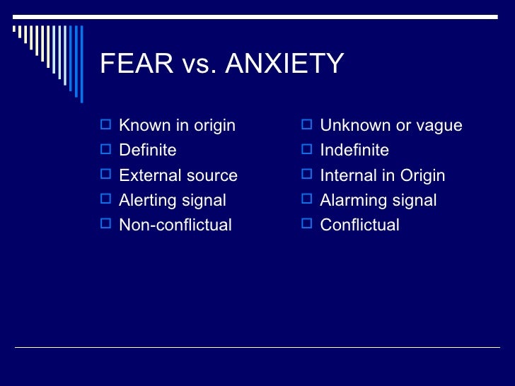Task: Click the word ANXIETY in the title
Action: (x=284, y=64)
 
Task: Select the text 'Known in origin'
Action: (x=177, y=126)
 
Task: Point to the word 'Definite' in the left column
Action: (x=147, y=151)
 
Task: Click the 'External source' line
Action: (x=178, y=175)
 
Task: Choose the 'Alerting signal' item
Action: (x=172, y=200)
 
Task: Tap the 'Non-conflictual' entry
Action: (x=175, y=225)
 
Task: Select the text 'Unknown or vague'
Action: (x=390, y=126)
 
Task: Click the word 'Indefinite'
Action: (x=354, y=151)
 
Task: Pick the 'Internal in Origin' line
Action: (x=382, y=175)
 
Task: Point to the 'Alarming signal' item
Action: (x=378, y=200)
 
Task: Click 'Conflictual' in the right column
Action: (x=359, y=225)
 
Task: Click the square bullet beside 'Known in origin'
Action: (x=105, y=125)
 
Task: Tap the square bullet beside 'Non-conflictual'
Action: (x=105, y=224)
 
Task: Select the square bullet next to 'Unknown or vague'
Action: (x=306, y=125)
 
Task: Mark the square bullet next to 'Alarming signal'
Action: (x=306, y=199)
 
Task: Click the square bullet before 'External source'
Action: (x=105, y=175)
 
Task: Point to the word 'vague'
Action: (x=439, y=127)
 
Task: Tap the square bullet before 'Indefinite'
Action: (x=306, y=150)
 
